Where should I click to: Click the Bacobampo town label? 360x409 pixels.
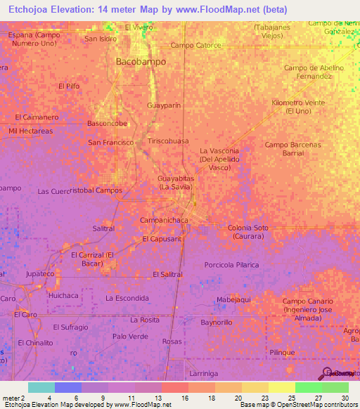tap(141, 62)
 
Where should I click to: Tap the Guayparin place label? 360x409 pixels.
tap(164, 105)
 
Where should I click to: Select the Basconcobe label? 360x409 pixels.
tap(107, 124)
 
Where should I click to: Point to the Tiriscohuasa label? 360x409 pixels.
tap(168, 141)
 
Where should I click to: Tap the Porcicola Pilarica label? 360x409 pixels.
tap(231, 265)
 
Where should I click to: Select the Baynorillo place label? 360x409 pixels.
tap(217, 322)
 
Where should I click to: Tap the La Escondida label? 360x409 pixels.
tap(127, 298)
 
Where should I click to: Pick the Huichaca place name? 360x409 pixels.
tap(63, 296)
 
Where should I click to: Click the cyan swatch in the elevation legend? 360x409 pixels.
tap(41, 387)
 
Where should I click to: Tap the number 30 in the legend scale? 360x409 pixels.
tap(345, 397)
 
